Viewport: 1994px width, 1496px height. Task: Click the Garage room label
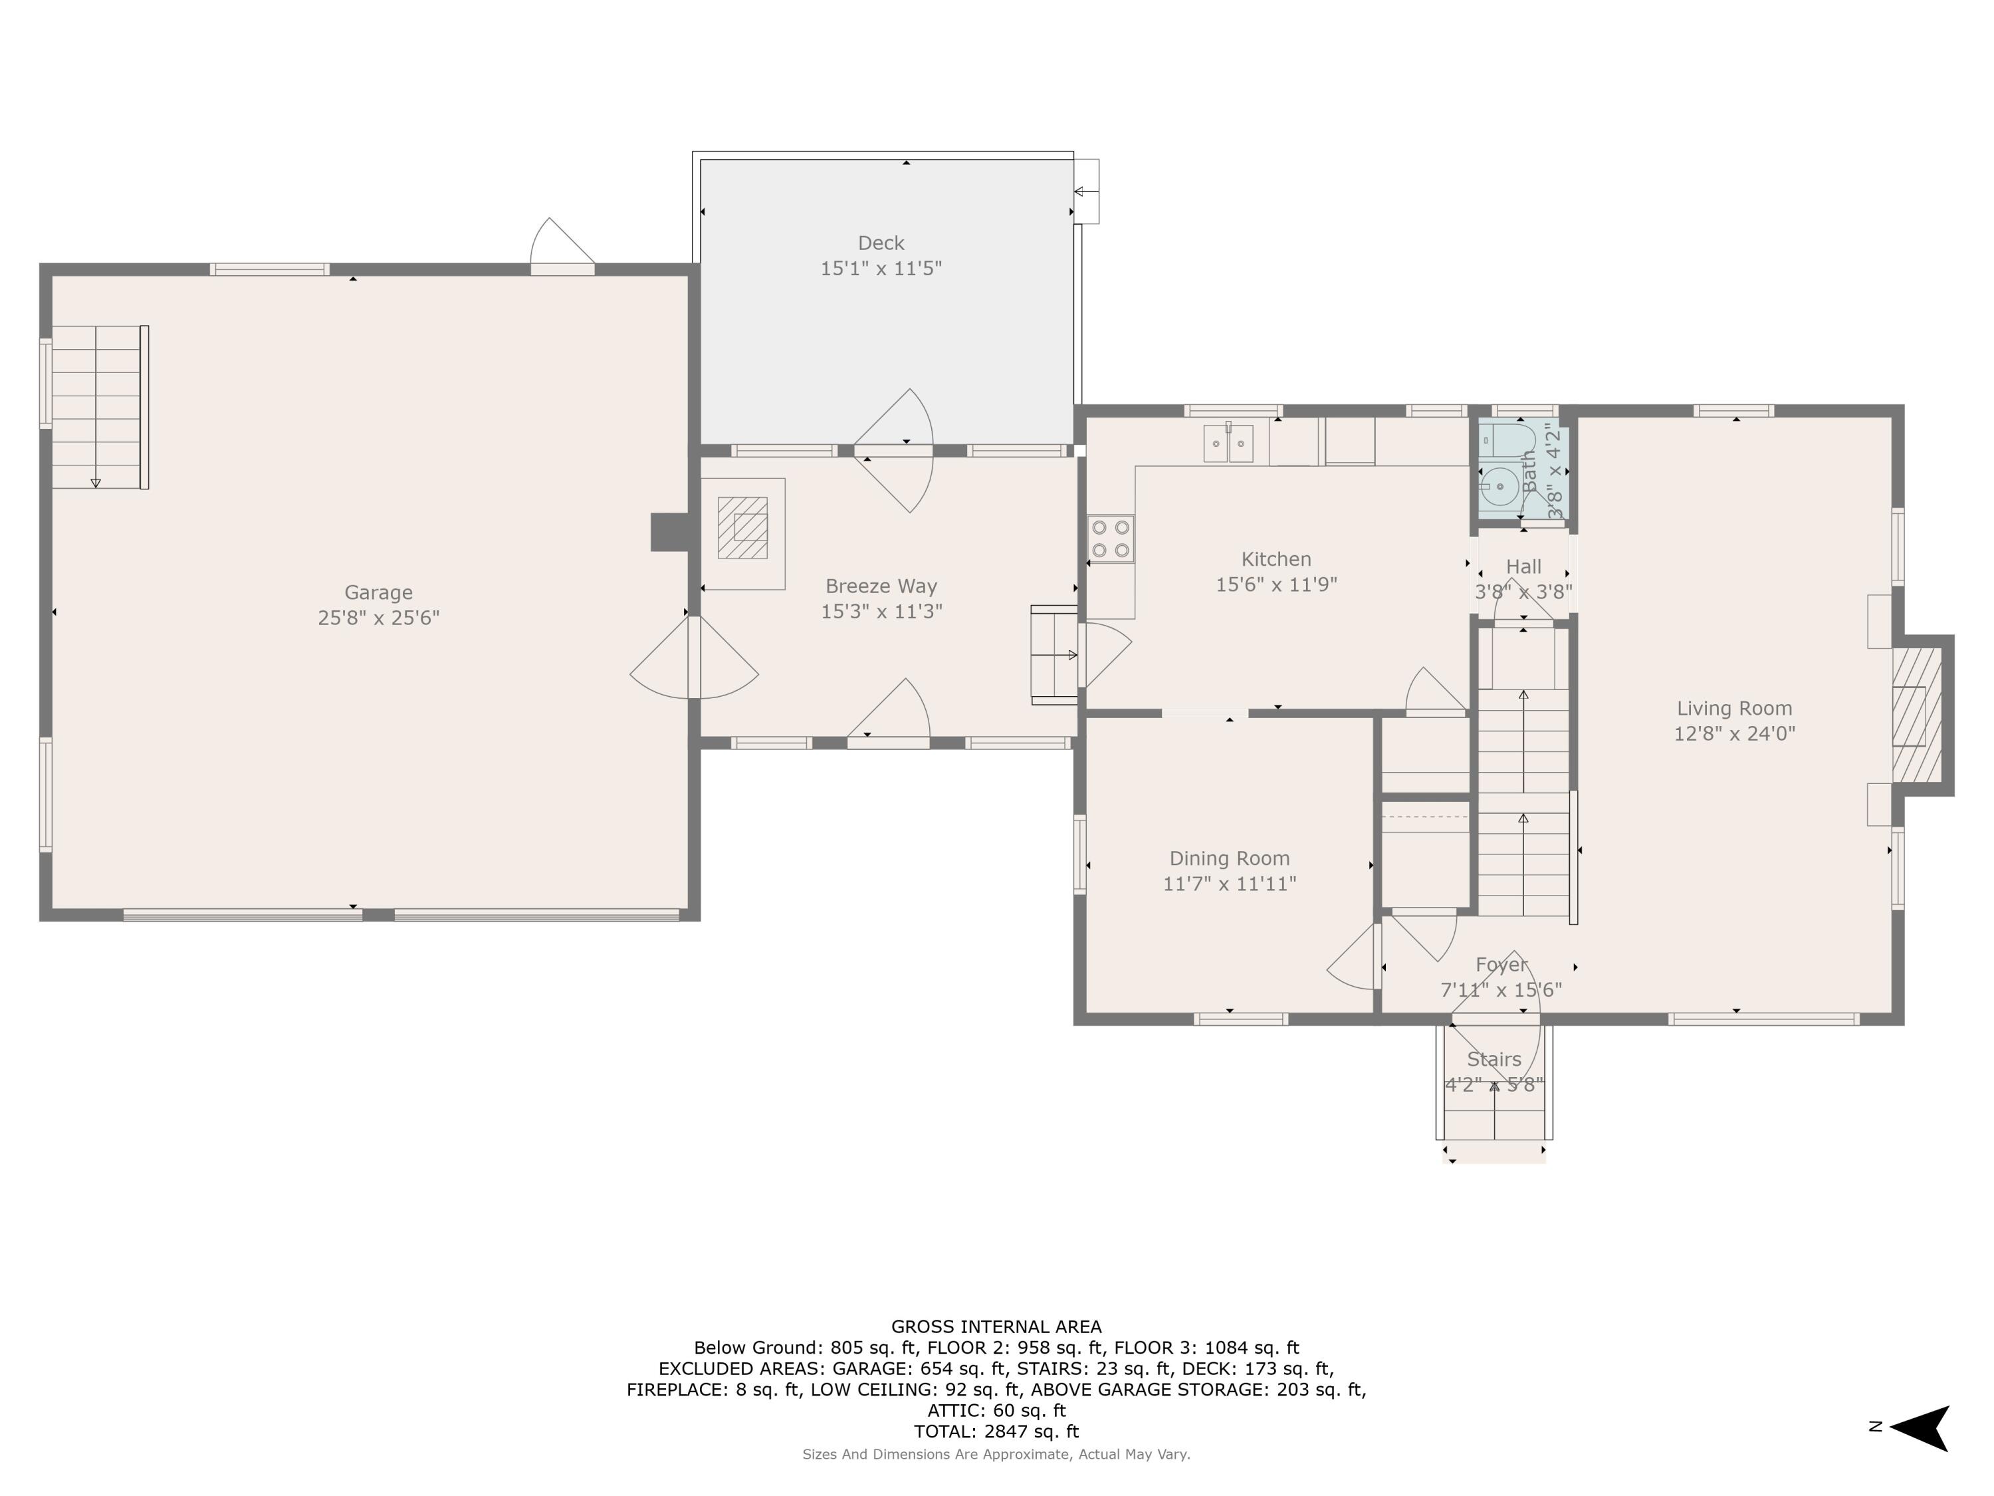pos(379,592)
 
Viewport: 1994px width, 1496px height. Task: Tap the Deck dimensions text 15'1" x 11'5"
pos(881,269)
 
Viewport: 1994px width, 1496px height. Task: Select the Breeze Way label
pos(881,587)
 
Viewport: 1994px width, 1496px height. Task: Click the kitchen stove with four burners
pos(1111,539)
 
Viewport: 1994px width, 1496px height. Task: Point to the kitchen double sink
pos(1229,443)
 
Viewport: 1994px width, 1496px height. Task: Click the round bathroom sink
pos(1499,487)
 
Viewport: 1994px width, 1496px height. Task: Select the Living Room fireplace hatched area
pos(1916,715)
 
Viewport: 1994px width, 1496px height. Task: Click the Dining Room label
pos(1230,858)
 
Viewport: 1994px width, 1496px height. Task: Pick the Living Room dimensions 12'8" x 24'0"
pos(1734,734)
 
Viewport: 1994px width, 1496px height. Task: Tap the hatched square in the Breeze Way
pos(743,527)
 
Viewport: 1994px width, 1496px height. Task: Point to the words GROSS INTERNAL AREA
pos(996,1326)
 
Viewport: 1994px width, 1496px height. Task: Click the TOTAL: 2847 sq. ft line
pos(996,1431)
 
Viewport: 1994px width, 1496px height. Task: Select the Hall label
pos(1523,567)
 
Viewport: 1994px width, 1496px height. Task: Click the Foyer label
pos(1501,965)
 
